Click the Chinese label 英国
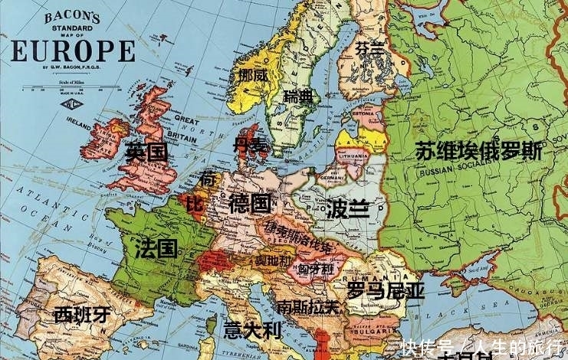pos(146,152)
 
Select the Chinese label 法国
pos(156,248)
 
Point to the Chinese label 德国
pos(249,204)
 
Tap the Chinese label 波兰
pos(347,208)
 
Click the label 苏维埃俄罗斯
pos(478,151)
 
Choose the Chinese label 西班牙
pos(82,314)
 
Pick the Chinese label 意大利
pos(253,331)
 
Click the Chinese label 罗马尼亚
pos(386,290)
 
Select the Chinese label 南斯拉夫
pos(307,306)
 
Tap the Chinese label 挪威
pos(253,76)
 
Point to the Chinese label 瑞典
pos(298,97)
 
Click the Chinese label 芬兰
pos(370,48)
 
